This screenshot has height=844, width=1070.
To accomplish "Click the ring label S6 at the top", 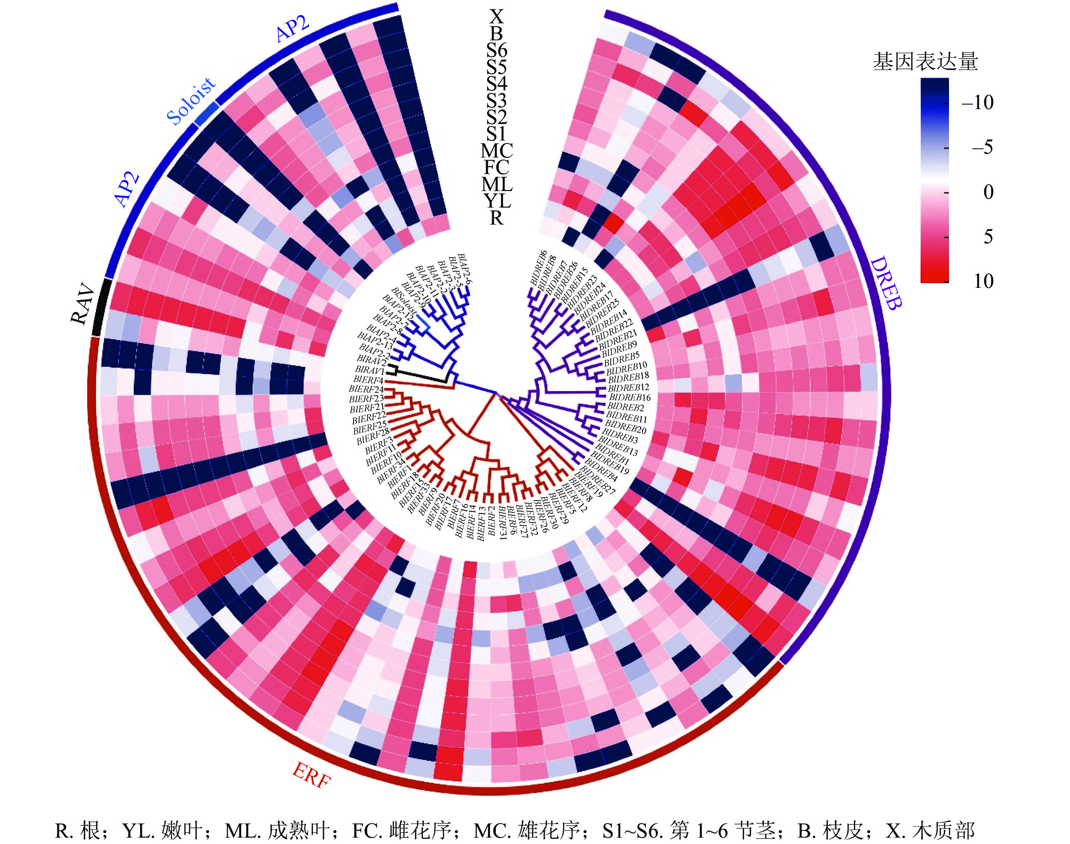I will [x=497, y=51].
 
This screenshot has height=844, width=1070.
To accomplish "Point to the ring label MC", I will [x=497, y=151].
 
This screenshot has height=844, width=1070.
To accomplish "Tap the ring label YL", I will [x=497, y=201].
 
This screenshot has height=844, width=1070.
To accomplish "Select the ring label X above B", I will [x=497, y=17].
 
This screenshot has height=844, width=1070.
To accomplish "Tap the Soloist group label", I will [x=191, y=101].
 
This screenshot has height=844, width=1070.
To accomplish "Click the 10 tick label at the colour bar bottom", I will [x=983, y=281].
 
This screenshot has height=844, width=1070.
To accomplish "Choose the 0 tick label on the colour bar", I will [x=988, y=192].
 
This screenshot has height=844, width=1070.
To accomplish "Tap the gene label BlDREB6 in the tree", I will [x=538, y=267].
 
